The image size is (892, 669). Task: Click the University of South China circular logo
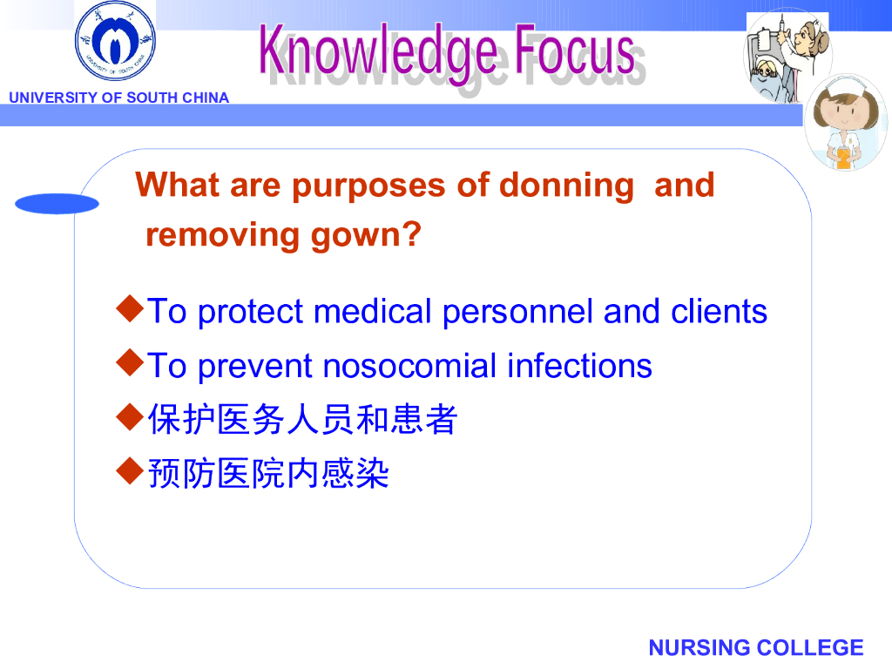pyautogui.click(x=116, y=41)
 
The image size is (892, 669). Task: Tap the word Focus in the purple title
pyautogui.click(x=575, y=50)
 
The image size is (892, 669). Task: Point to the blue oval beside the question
pyautogui.click(x=57, y=204)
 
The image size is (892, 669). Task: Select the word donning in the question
pyautogui.click(x=566, y=186)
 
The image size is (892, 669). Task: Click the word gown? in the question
pyautogui.click(x=366, y=236)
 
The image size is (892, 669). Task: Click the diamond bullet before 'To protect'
pyautogui.click(x=130, y=308)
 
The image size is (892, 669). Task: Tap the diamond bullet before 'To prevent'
pyautogui.click(x=130, y=363)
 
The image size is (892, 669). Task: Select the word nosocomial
pyautogui.click(x=409, y=365)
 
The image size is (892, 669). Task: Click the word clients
pyautogui.click(x=719, y=311)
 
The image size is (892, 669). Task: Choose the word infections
pyautogui.click(x=579, y=365)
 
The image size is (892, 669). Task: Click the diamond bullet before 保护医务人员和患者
pyautogui.click(x=130, y=417)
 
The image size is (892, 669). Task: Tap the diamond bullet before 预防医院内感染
pyautogui.click(x=130, y=471)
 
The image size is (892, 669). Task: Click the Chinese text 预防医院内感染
pyautogui.click(x=268, y=473)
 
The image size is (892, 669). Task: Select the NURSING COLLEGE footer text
pyautogui.click(x=756, y=647)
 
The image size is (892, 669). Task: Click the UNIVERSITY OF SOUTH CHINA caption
pyautogui.click(x=118, y=98)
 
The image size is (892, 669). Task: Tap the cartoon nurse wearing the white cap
pyautogui.click(x=846, y=122)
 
